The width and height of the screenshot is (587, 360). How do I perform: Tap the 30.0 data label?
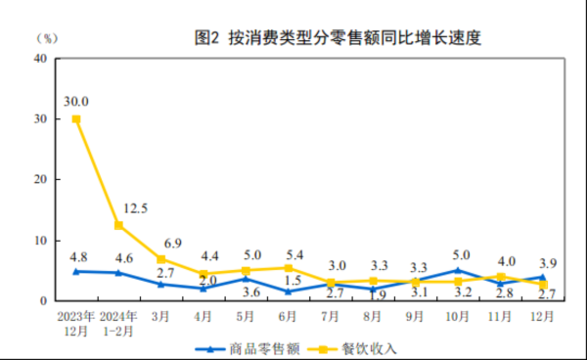coord(76,101)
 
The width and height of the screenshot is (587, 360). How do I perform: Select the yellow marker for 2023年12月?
coord(76,119)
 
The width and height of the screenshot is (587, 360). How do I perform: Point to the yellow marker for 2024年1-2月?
coord(118,225)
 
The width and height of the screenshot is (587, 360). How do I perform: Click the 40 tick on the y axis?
coord(40,59)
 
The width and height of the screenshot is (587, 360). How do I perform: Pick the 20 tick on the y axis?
coord(40,180)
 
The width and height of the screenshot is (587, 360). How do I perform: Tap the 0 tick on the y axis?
coord(44,301)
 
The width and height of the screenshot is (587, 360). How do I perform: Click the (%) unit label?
coord(46,38)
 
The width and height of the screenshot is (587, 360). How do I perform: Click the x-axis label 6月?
coord(288,317)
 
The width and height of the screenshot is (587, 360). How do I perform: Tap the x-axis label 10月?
coord(457,317)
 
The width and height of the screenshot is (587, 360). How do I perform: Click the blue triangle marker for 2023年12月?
coord(76,271)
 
